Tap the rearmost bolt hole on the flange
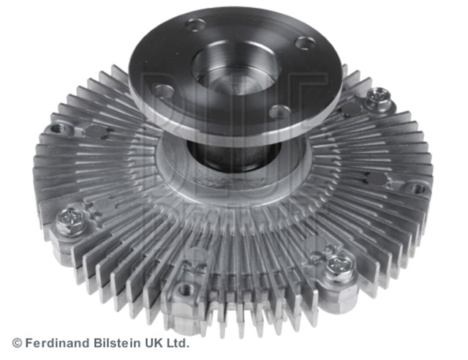[195, 26]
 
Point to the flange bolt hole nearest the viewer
[279, 112]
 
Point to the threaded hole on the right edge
[418, 189]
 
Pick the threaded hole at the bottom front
[185, 290]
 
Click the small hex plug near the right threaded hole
[375, 179]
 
